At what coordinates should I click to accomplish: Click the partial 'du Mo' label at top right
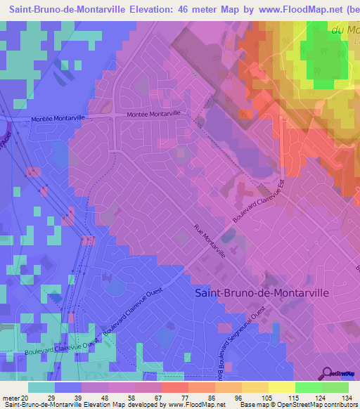click(345, 30)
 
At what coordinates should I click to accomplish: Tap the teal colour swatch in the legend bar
click(41, 387)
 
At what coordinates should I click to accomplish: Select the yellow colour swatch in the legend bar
click(281, 387)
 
